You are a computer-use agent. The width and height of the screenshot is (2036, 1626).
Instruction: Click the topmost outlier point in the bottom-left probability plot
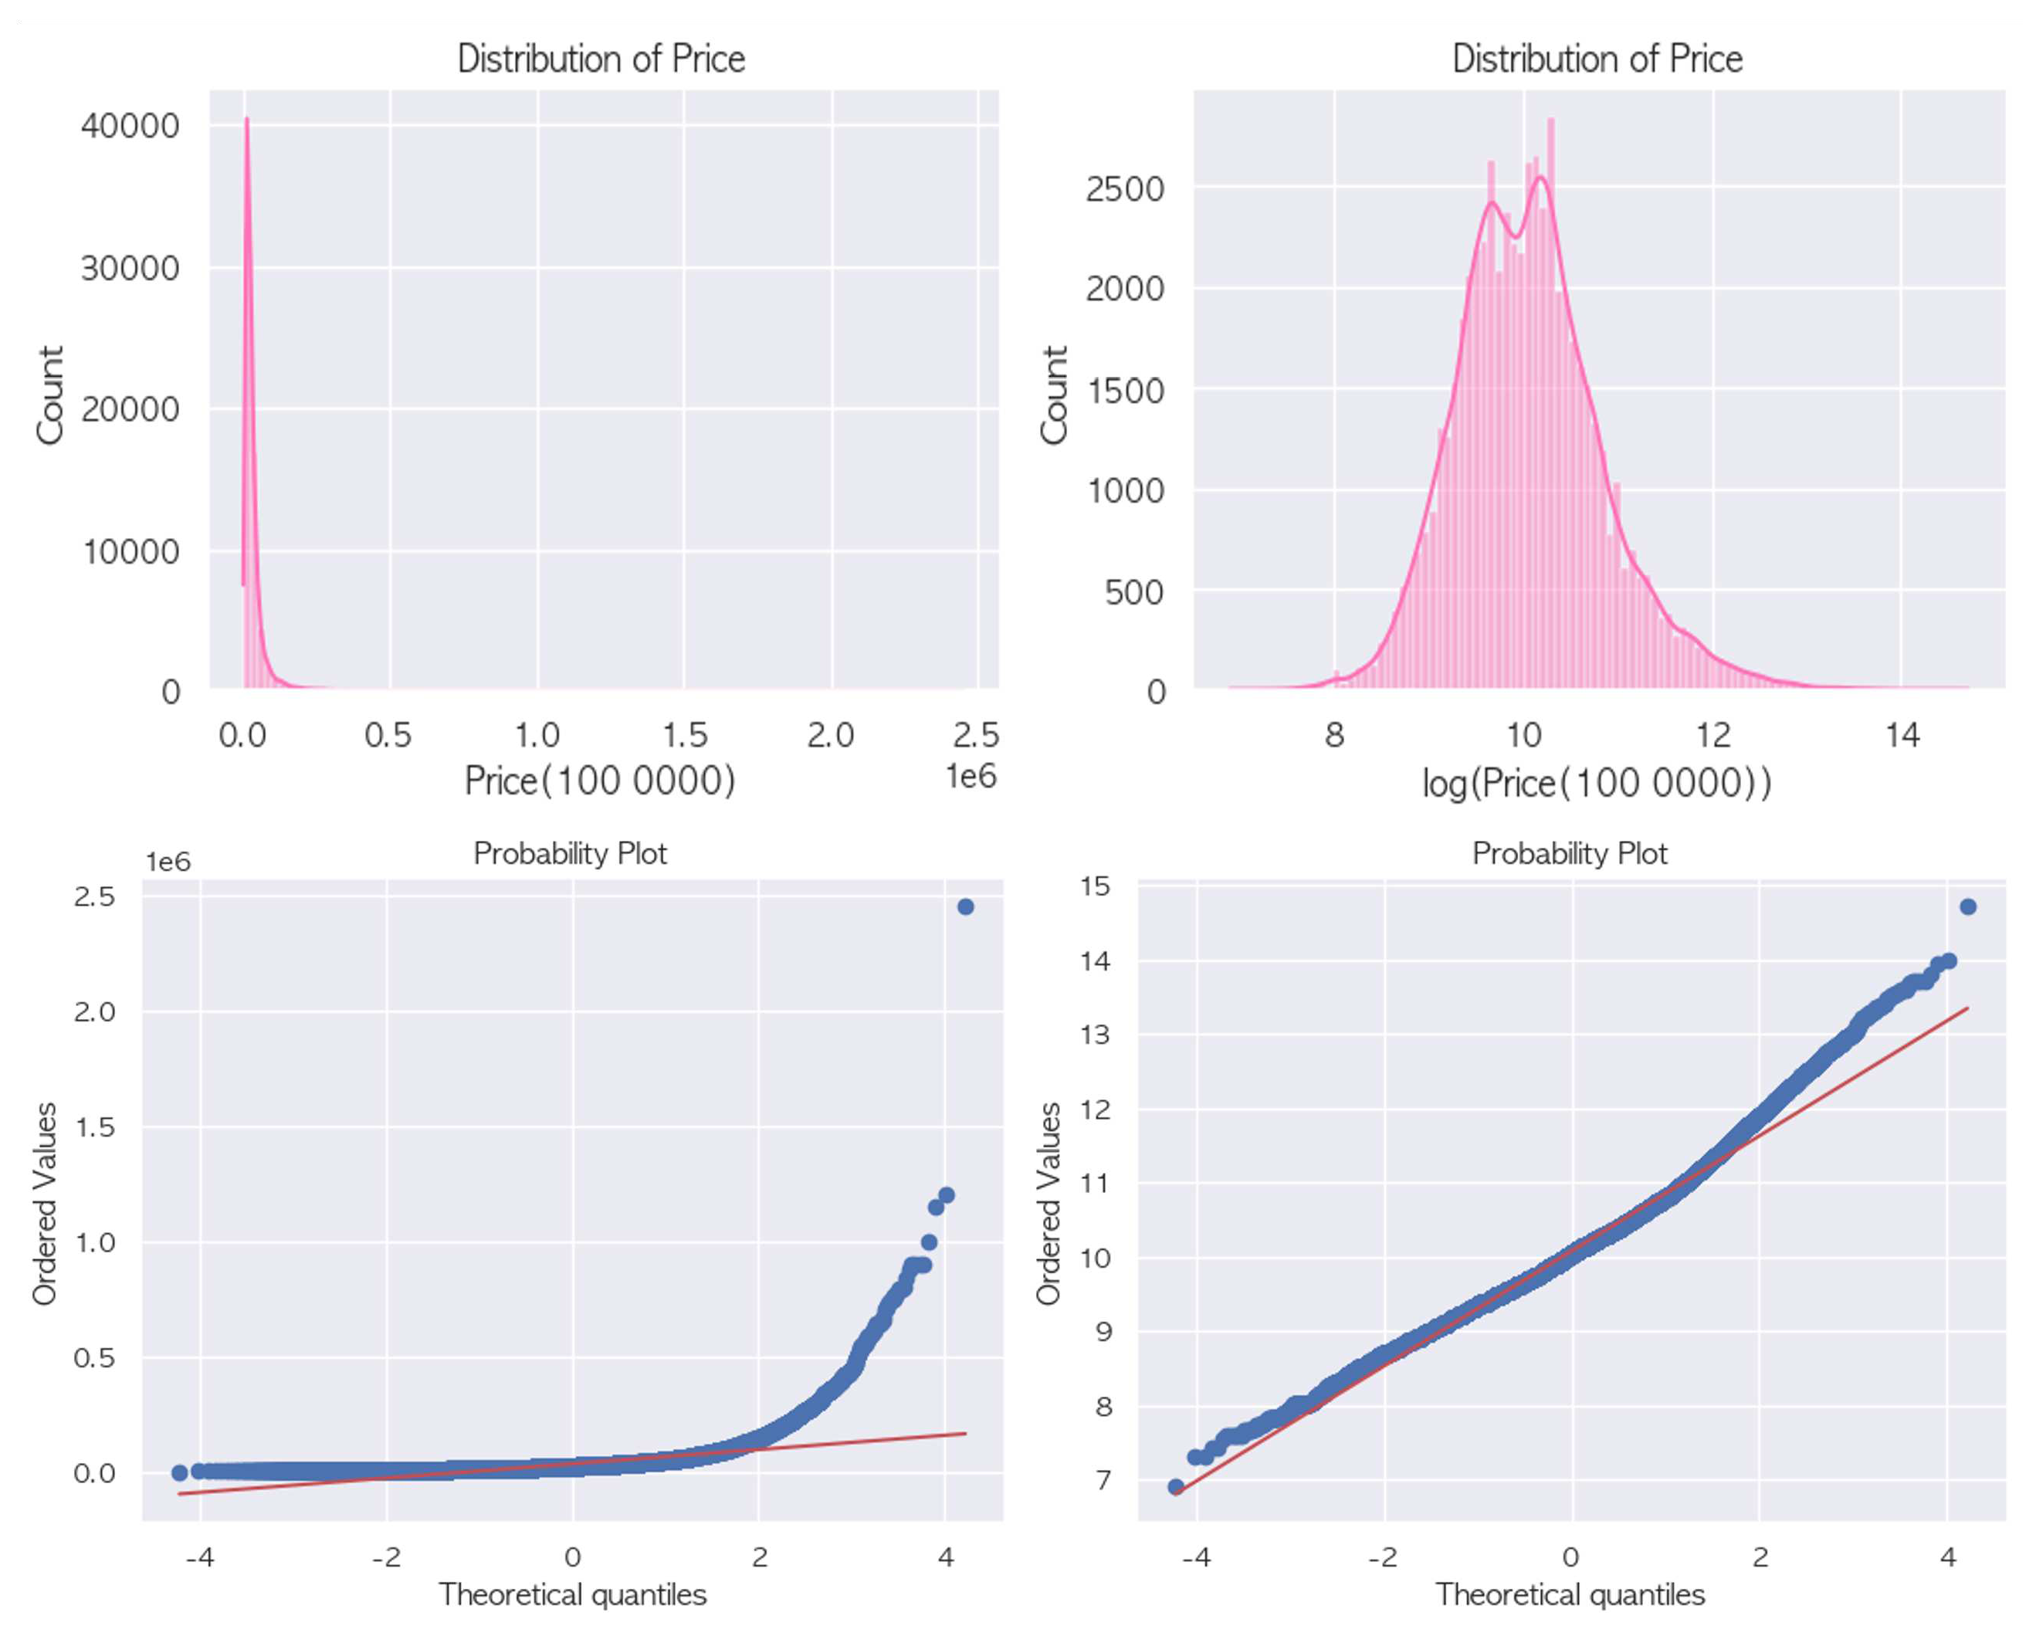(x=965, y=906)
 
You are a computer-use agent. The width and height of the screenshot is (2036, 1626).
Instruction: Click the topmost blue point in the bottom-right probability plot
(x=1968, y=906)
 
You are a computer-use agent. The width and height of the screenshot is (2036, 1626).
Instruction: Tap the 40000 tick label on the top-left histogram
(x=130, y=126)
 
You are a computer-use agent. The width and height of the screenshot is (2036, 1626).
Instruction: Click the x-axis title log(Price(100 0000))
(x=1597, y=783)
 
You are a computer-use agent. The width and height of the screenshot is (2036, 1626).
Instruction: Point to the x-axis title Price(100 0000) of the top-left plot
(x=600, y=781)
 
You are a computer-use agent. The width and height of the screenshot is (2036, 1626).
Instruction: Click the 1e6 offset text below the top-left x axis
(x=971, y=776)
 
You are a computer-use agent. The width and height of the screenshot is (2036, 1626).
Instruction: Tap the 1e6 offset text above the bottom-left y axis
(x=167, y=861)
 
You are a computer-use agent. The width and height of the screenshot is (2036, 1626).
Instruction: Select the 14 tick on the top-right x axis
(x=1902, y=734)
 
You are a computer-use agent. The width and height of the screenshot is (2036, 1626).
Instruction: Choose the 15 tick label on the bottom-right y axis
(x=1096, y=886)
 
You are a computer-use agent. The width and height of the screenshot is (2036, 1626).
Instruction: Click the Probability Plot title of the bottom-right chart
(x=1570, y=854)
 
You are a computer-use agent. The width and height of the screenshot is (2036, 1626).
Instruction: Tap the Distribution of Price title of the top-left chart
(x=601, y=59)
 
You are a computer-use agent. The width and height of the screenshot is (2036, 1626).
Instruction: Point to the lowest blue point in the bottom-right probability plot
(x=1176, y=1487)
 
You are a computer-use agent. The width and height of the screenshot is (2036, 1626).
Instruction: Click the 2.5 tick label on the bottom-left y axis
(x=94, y=896)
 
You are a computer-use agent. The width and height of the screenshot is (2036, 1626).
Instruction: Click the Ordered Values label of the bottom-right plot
(x=1048, y=1204)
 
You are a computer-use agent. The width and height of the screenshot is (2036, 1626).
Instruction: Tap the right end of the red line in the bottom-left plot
(x=965, y=1434)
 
